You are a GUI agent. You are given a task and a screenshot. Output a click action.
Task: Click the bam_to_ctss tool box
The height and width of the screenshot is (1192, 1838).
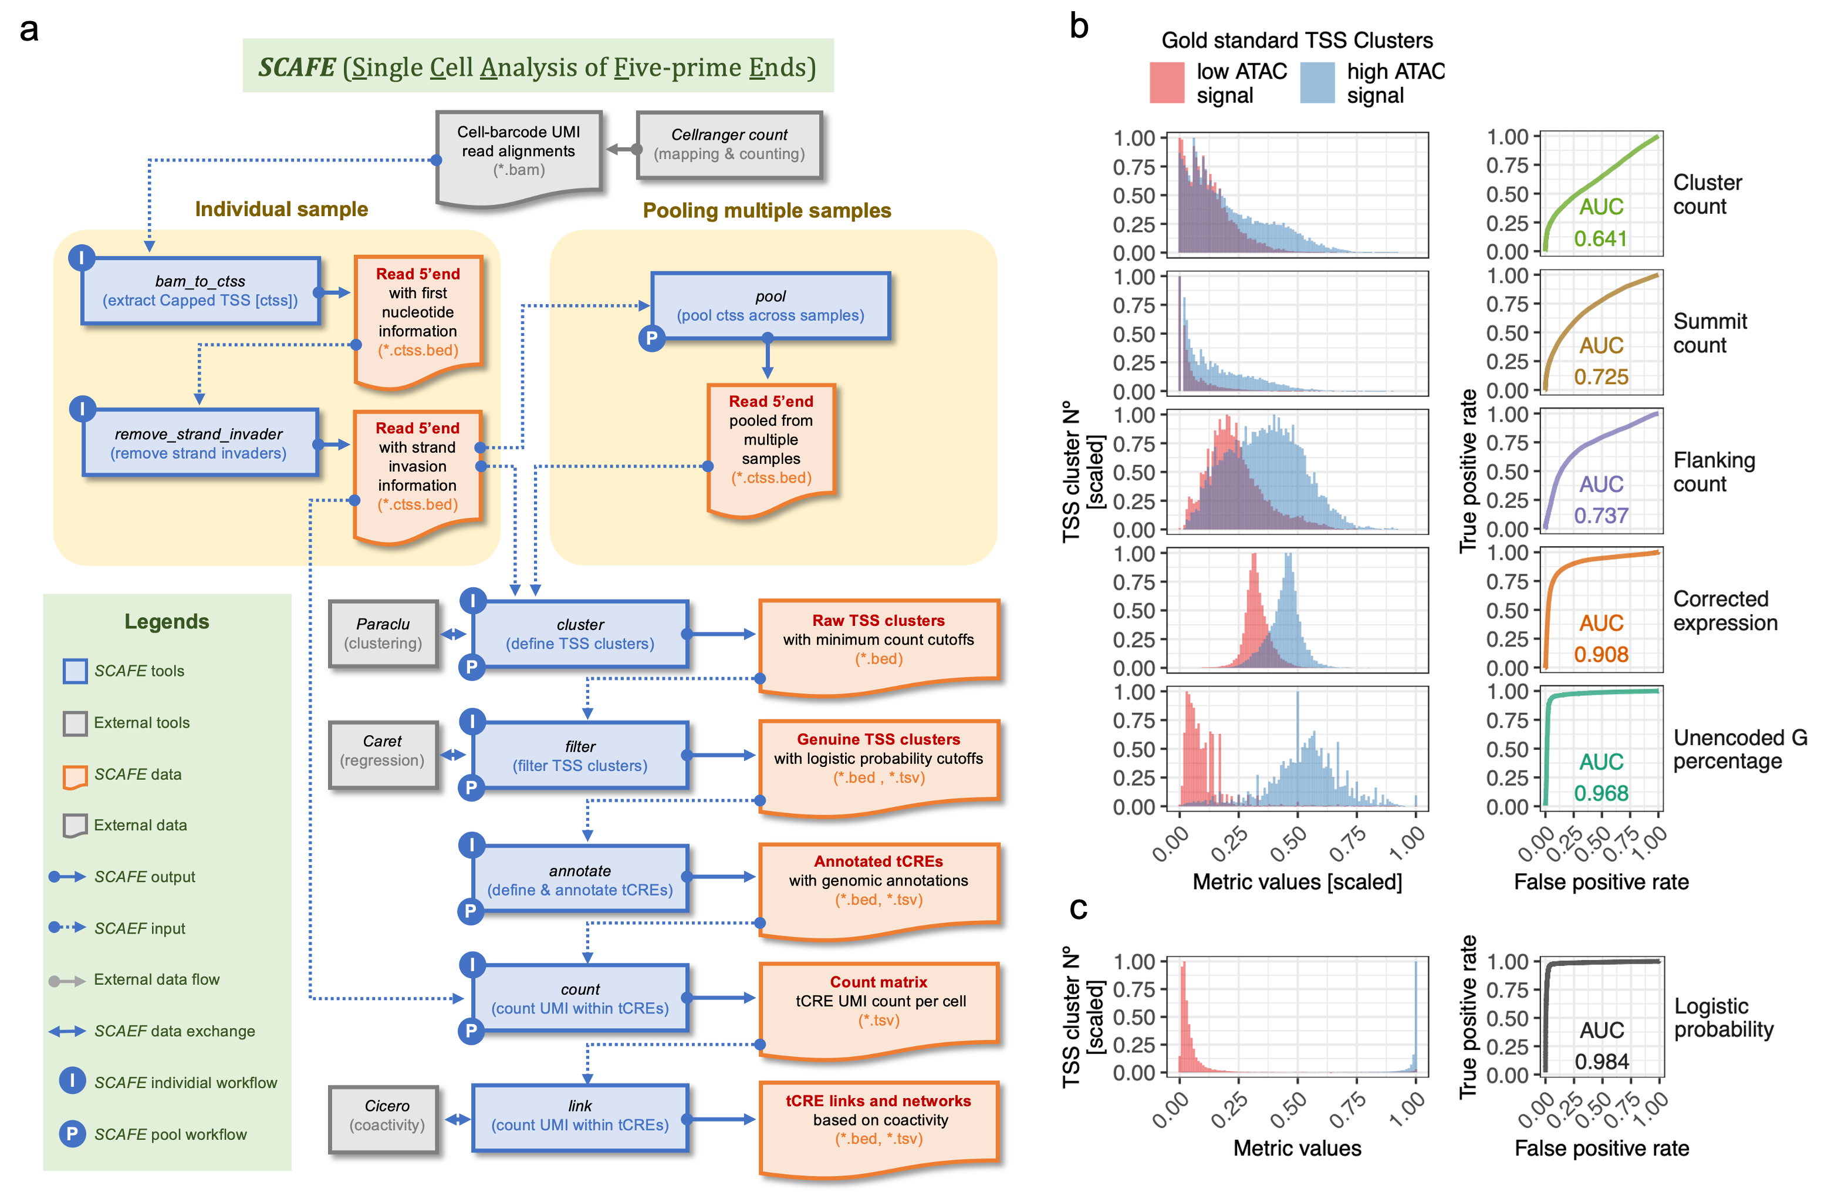[x=200, y=291]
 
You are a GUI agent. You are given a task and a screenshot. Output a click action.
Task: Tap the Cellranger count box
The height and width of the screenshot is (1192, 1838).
[x=728, y=145]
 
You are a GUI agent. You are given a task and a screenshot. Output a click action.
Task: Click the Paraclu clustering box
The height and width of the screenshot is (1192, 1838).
[x=383, y=634]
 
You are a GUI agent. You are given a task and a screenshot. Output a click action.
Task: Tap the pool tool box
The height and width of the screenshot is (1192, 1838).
[x=770, y=306]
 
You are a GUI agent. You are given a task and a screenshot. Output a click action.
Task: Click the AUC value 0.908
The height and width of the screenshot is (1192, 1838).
[x=1600, y=654]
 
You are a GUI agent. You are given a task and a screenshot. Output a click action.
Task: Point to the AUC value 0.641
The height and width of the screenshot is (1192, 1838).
[x=1600, y=239]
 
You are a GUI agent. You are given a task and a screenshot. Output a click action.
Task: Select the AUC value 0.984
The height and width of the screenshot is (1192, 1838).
[x=1602, y=1062]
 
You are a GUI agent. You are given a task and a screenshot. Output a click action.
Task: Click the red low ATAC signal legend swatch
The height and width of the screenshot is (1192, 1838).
[x=1166, y=83]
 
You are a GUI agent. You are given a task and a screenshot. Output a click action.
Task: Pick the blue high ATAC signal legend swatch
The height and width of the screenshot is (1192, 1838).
[x=1317, y=83]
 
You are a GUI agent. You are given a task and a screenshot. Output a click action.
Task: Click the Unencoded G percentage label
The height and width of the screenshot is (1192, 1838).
[x=1739, y=749]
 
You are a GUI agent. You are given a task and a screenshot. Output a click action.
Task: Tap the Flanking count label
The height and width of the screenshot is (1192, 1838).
[x=1713, y=472]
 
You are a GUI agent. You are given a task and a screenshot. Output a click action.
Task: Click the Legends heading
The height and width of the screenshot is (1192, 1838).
[x=167, y=621]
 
